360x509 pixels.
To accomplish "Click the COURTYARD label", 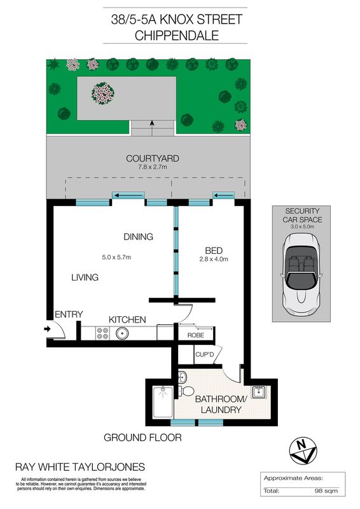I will (152, 158).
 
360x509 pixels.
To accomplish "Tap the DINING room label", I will (138, 237).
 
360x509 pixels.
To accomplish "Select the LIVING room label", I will (85, 277).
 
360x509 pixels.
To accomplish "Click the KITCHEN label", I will (127, 319).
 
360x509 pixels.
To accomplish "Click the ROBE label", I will (195, 335).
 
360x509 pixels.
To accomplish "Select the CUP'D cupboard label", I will (204, 354).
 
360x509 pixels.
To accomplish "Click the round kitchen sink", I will (121, 332).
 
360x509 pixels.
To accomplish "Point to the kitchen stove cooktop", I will (102, 332).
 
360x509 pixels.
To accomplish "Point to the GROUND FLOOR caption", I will (143, 438).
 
